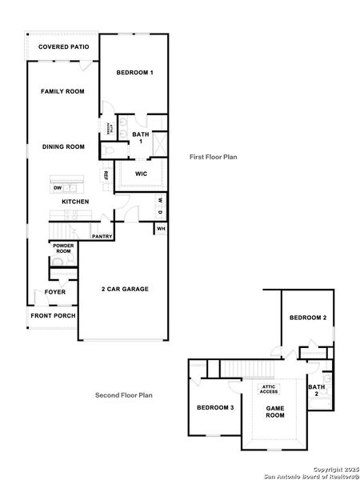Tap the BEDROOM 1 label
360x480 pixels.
pyautogui.click(x=134, y=73)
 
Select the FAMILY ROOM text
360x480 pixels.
pyautogui.click(x=62, y=92)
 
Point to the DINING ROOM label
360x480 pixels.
pyautogui.click(x=63, y=146)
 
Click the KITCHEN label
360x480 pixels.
pyautogui.click(x=75, y=202)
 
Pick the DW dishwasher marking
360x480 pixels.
pyautogui.click(x=58, y=188)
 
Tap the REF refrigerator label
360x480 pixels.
pyautogui.click(x=106, y=175)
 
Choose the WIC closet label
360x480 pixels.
pyautogui.click(x=140, y=173)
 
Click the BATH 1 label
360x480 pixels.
pyautogui.click(x=141, y=138)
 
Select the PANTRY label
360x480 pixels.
pyautogui.click(x=102, y=237)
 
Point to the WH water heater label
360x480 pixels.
pyautogui.click(x=161, y=229)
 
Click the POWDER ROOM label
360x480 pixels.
pyautogui.click(x=62, y=249)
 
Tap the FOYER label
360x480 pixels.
pyautogui.click(x=55, y=292)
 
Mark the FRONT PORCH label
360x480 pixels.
pyautogui.click(x=54, y=316)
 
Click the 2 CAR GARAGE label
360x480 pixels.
pyautogui.click(x=125, y=289)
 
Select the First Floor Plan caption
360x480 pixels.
pyautogui.click(x=213, y=158)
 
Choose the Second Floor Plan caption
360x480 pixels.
pyautogui.click(x=124, y=394)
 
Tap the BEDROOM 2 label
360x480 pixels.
pyautogui.click(x=307, y=318)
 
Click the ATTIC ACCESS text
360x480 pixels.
pyautogui.click(x=269, y=390)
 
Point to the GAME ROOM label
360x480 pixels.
pyautogui.click(x=275, y=412)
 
